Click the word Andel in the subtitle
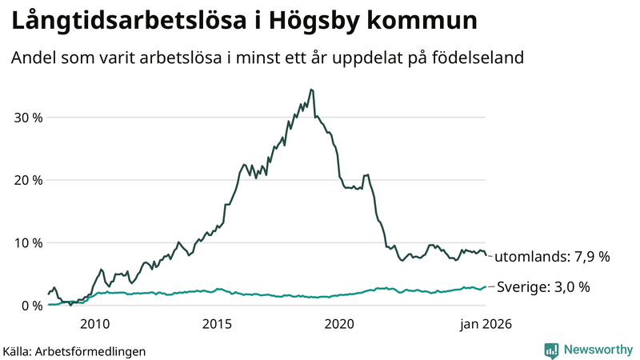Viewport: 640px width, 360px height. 34,58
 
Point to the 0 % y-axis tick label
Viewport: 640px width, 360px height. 30,305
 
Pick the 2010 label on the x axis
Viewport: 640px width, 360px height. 94,324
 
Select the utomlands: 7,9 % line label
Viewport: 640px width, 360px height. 552,257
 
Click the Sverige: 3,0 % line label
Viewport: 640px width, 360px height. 544,287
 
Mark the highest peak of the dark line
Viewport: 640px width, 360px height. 311,90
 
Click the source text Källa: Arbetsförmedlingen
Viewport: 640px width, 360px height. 74,350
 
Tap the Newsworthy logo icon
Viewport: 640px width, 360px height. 551,350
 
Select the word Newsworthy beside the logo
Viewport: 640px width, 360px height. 598,350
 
